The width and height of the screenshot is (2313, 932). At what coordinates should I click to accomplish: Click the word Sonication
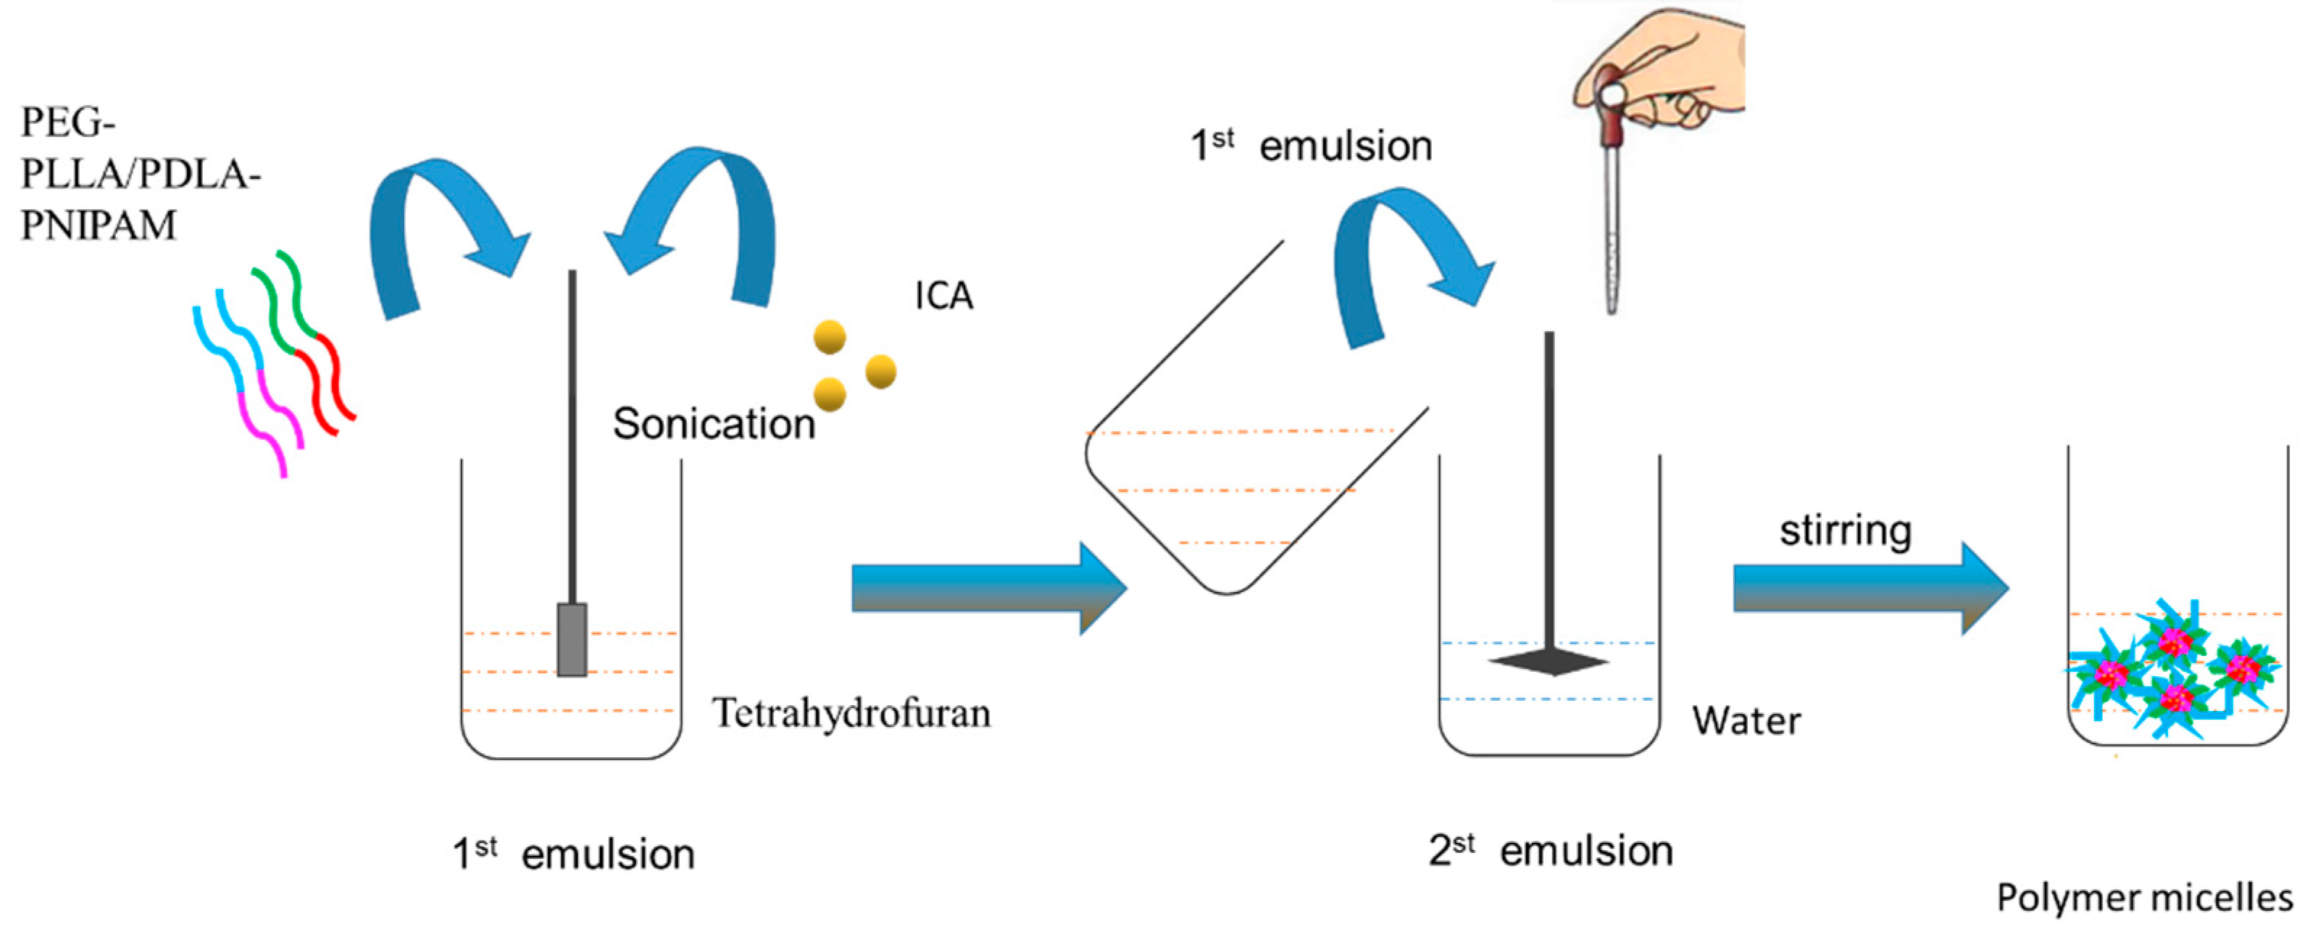[x=713, y=424]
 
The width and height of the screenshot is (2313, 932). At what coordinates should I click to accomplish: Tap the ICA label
[x=943, y=296]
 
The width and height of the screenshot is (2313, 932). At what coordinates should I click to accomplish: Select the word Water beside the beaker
[x=1746, y=721]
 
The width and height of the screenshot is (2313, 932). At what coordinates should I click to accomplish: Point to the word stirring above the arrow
[x=1845, y=530]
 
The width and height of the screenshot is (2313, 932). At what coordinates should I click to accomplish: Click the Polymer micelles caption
[x=2143, y=897]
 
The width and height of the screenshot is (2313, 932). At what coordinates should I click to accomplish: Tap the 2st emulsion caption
[x=1551, y=850]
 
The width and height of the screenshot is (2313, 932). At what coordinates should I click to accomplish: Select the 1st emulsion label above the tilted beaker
[x=1310, y=146]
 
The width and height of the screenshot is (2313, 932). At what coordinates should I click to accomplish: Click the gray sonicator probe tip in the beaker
[x=572, y=639]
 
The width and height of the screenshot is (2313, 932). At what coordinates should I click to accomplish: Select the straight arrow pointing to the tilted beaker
[x=988, y=589]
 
